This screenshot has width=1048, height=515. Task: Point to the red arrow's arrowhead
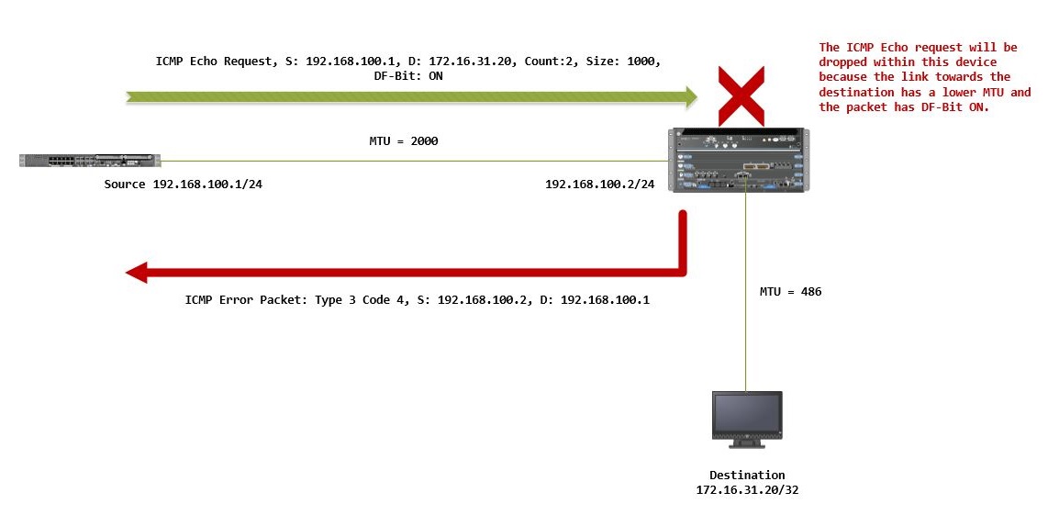pyautogui.click(x=138, y=272)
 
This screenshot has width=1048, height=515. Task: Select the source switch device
pyautogui.click(x=90, y=161)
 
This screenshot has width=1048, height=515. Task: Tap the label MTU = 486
pyautogui.click(x=790, y=292)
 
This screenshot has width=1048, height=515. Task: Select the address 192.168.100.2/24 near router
pyautogui.click(x=599, y=185)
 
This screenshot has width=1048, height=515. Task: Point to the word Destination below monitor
pyautogui.click(x=747, y=475)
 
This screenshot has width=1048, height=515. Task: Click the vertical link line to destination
pyautogui.click(x=746, y=294)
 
